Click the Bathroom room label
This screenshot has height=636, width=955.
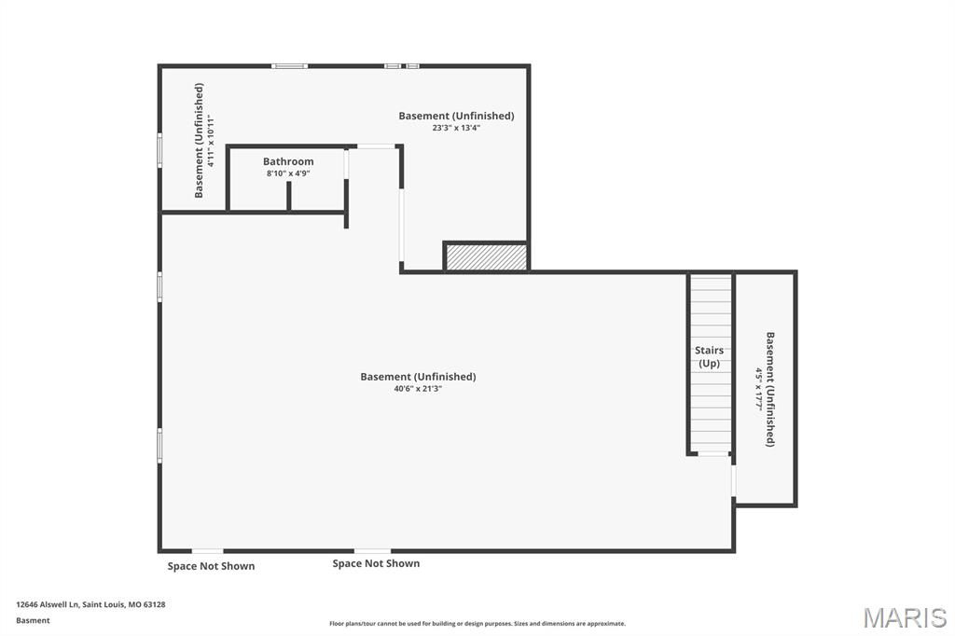(288, 161)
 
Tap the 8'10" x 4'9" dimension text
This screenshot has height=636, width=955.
(288, 173)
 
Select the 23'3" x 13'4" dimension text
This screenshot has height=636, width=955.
(456, 128)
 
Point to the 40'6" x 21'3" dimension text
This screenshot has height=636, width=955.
(418, 389)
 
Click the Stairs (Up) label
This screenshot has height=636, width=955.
(710, 357)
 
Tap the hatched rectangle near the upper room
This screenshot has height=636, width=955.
(486, 257)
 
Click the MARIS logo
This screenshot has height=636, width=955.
(905, 617)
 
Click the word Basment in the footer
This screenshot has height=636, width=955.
(33, 620)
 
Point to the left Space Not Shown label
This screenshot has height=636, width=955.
(211, 566)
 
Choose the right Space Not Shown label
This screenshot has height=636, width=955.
(376, 563)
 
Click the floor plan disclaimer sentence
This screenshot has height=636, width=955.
(477, 624)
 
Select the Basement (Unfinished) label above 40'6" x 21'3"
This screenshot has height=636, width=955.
(418, 377)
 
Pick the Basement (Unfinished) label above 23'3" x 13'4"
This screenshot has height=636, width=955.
(456, 116)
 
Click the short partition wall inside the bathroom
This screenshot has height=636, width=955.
(289, 196)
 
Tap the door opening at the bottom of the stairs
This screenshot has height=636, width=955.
(713, 454)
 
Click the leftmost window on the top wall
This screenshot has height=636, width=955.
(289, 65)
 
